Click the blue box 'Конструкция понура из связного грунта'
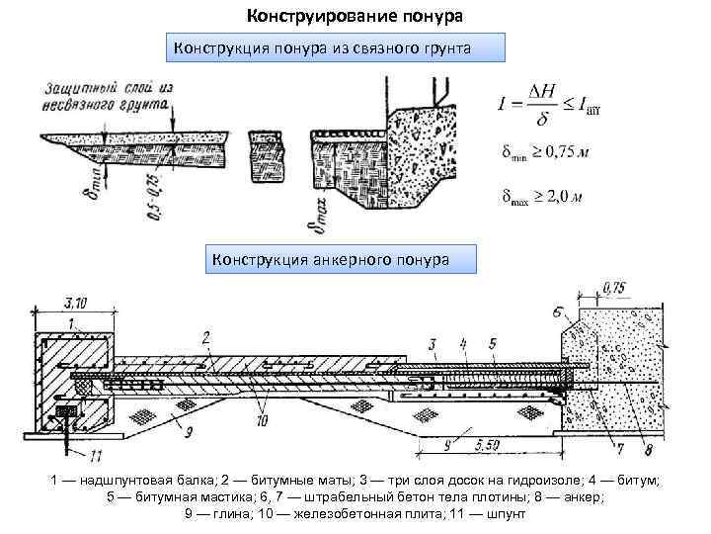tap(335, 46)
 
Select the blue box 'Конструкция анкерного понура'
tap(340, 259)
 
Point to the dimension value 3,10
tap(74, 301)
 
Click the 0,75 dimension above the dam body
tap(613, 289)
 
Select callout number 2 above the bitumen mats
tap(205, 339)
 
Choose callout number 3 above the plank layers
tap(433, 343)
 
